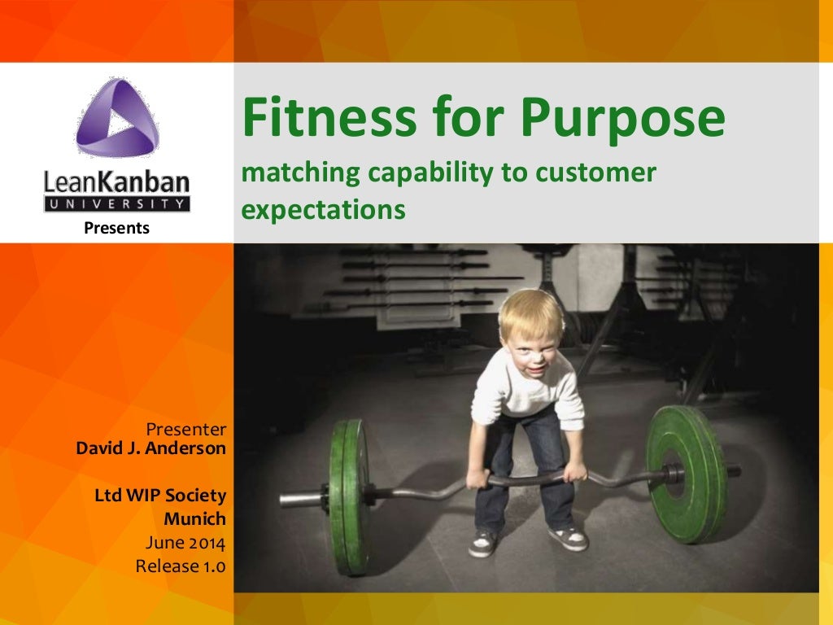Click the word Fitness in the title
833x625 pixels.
point(312,118)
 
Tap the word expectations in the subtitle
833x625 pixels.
point(324,210)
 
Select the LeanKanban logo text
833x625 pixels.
point(117,181)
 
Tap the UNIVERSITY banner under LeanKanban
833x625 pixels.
point(117,203)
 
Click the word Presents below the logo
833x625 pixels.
point(117,229)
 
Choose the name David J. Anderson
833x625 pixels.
point(150,448)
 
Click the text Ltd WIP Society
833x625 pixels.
point(160,495)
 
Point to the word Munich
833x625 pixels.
point(194,518)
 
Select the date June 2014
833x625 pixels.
point(185,542)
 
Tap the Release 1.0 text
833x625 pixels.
point(181,566)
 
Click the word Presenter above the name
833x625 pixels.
point(185,428)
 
